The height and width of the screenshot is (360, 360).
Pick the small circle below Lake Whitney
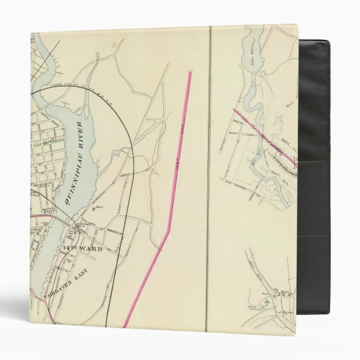point(263,73)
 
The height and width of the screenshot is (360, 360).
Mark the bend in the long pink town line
point(167,235)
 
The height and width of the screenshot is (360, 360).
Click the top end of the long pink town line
point(190,72)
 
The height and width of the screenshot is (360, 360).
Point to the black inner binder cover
point(313,168)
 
